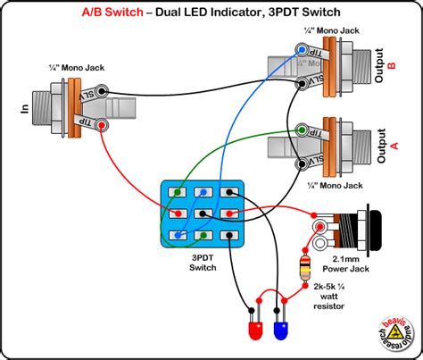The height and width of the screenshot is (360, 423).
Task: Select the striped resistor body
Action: [x=309, y=266]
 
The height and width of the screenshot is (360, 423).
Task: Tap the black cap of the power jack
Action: [x=384, y=231]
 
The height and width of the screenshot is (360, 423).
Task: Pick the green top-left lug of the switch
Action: [x=179, y=192]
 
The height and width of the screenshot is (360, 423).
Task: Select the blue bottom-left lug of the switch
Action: [x=179, y=236]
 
